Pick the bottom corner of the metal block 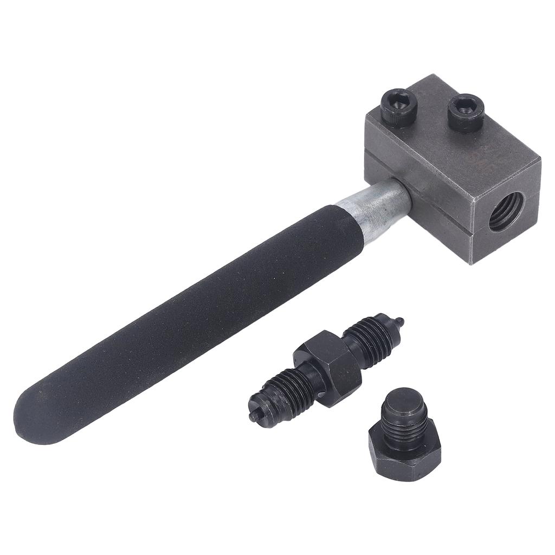472,263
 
